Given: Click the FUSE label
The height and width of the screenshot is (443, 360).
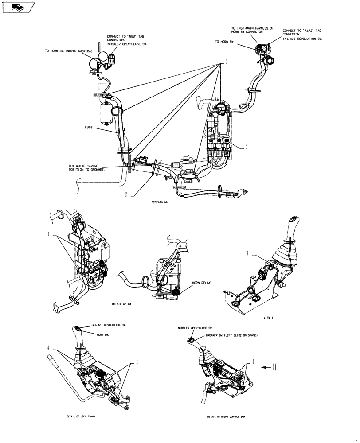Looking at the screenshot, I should tap(89, 127).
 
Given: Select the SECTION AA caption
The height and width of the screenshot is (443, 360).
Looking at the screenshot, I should tap(160, 202).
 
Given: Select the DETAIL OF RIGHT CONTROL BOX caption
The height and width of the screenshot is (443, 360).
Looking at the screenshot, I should tap(226, 417).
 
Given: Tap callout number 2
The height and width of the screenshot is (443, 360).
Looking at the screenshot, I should tap(126, 194).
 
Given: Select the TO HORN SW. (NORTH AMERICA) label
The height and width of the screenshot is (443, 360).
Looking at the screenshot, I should tap(68, 51).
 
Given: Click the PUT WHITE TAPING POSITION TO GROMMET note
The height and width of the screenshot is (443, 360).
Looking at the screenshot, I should tap(86, 168).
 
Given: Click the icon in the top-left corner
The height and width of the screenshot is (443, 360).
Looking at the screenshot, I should tap(17, 7).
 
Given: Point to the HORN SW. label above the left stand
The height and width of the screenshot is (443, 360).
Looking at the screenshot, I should tap(103, 335).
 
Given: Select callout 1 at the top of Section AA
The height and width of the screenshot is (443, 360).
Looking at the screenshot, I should tap(226, 62).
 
